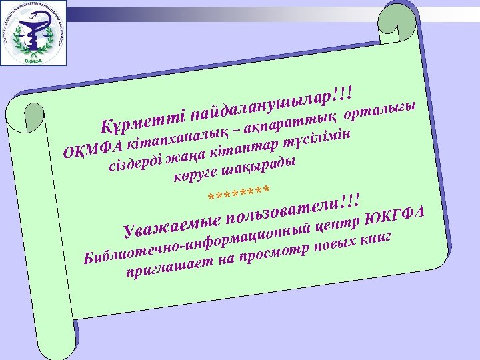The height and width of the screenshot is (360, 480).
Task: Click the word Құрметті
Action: pos(141,119)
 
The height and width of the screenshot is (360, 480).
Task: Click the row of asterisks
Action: pos(239,195)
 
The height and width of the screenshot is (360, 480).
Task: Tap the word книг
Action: pos(379,238)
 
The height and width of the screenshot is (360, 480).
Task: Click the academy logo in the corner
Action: pos(34,33)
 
